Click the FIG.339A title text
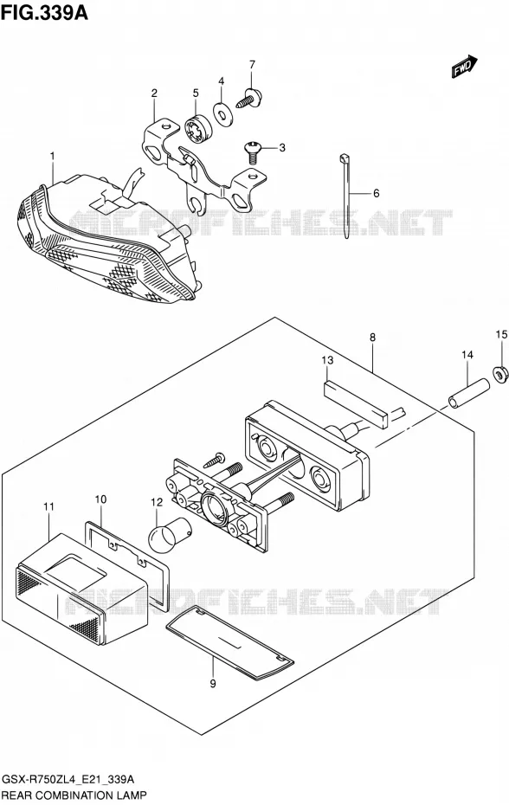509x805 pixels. (x=45, y=11)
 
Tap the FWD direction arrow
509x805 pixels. (x=465, y=67)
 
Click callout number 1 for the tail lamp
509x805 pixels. (x=52, y=155)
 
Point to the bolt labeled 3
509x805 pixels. (x=252, y=151)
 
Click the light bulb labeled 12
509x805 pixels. (x=169, y=534)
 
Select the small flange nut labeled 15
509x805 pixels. (x=499, y=374)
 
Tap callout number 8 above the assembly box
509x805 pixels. (x=372, y=338)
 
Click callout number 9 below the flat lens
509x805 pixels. (x=213, y=683)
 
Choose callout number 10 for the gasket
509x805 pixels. (x=100, y=499)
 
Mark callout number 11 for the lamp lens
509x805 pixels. (x=48, y=506)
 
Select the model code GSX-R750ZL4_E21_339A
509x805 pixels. (x=69, y=780)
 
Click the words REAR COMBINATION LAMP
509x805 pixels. (x=75, y=795)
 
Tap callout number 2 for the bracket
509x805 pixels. (x=154, y=93)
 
